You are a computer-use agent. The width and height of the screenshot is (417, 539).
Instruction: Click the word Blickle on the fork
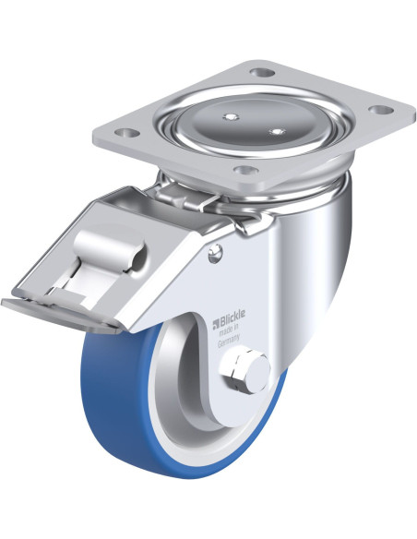coord(232,314)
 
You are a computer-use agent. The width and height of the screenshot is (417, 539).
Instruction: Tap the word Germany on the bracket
coord(229,341)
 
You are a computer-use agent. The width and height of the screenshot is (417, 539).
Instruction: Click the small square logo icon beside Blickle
coord(217,322)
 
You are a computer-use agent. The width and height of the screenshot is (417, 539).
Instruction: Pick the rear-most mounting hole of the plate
coord(262,72)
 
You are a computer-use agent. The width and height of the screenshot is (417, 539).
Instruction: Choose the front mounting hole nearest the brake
coord(246,170)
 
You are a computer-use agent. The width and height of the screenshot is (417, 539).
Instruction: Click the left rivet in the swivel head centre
coord(230,117)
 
